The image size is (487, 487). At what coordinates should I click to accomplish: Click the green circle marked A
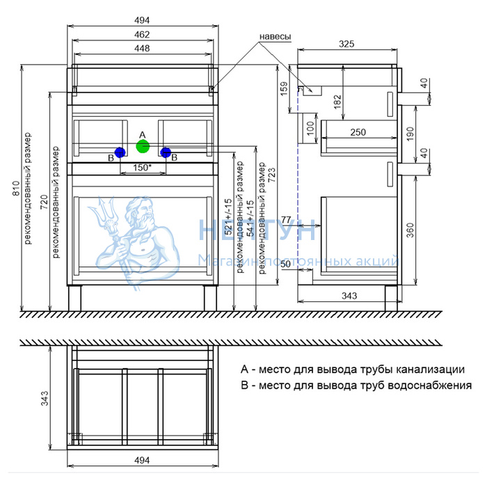coord(143,145)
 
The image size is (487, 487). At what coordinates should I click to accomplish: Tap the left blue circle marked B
coord(120,152)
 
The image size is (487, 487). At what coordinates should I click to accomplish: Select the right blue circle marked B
coord(166,152)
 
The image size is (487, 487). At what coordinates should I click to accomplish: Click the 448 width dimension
coord(142,48)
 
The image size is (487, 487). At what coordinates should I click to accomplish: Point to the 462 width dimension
coord(142,33)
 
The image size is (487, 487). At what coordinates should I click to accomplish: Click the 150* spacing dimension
coord(142,167)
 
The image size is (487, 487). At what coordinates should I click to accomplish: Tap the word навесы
coord(274,36)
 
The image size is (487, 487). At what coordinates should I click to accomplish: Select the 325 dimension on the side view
coord(346,44)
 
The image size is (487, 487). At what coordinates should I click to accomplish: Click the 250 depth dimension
coord(358,132)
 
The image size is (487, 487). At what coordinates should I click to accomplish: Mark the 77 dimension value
coord(285,220)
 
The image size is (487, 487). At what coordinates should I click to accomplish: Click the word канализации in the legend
coord(431,369)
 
